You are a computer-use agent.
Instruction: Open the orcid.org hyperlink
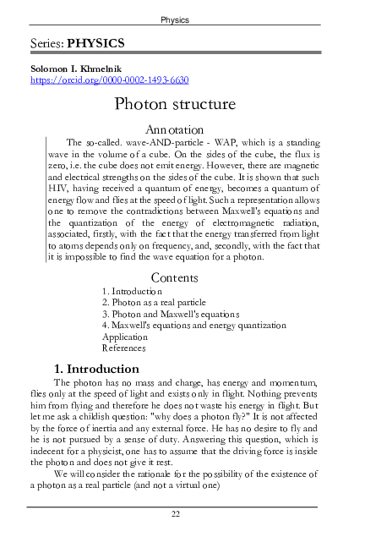tap(109, 79)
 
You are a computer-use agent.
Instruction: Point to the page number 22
tap(175, 513)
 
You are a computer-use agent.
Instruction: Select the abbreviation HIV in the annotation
tap(57, 204)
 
